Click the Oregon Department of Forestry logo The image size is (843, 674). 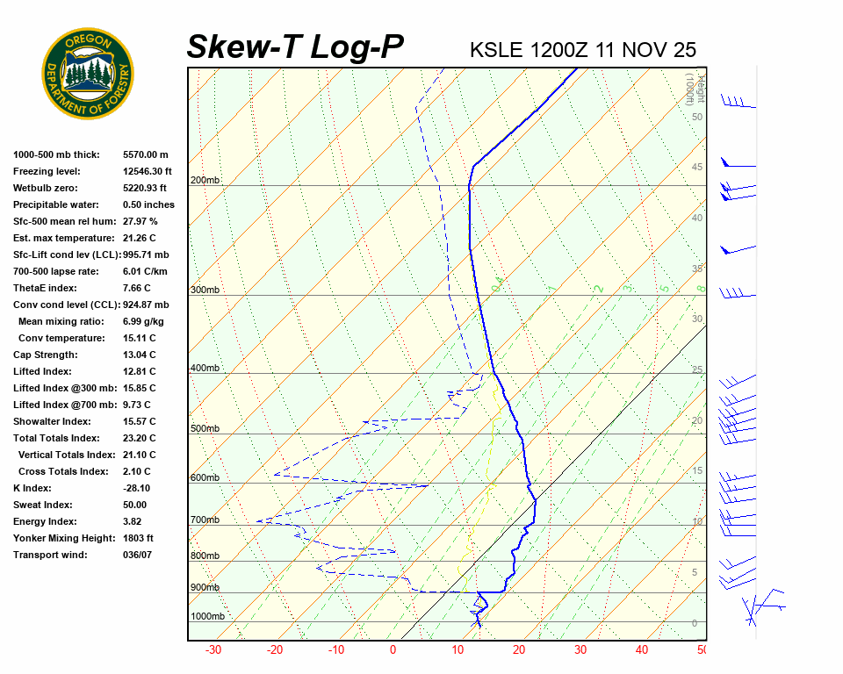88,73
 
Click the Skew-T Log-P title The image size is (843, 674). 295,47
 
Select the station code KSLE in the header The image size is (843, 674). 497,50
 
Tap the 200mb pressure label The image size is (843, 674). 205,181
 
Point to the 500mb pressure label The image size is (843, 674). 205,429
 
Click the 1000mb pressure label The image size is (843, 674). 207,617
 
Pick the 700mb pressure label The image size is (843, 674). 205,520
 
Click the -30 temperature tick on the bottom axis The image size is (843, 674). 213,650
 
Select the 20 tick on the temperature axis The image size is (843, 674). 518,650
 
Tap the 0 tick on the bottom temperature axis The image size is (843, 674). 393,650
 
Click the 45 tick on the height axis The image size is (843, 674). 697,168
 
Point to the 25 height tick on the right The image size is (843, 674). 697,370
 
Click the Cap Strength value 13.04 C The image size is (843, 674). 139,355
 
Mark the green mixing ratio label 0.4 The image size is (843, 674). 497,285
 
